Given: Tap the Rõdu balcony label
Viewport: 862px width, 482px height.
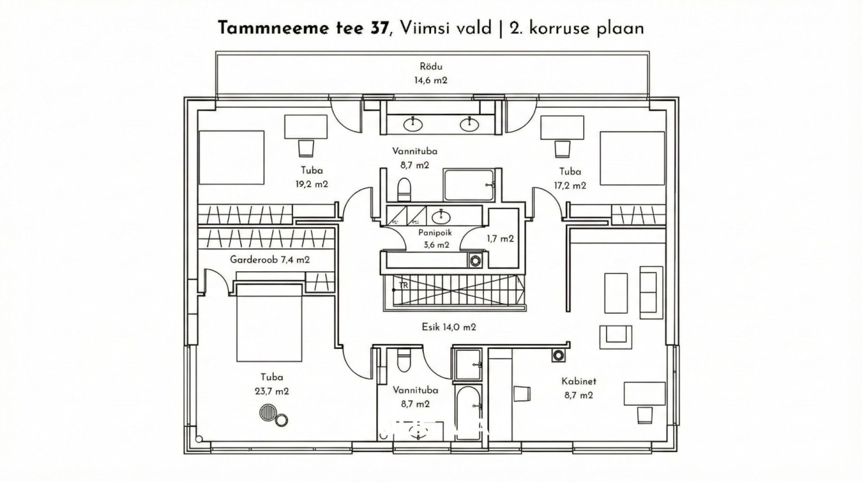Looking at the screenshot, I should [x=430, y=67].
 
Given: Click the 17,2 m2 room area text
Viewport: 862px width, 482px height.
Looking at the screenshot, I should [x=569, y=186].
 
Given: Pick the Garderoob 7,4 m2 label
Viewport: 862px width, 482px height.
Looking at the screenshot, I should [x=270, y=260].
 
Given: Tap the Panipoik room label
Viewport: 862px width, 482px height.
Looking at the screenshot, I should [x=435, y=232].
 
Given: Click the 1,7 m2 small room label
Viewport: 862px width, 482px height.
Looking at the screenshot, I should [x=500, y=239].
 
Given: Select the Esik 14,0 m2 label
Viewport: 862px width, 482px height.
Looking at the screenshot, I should [x=448, y=327].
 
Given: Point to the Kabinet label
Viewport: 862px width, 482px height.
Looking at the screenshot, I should [x=578, y=381].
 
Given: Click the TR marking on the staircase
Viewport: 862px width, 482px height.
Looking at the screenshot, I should [x=403, y=286].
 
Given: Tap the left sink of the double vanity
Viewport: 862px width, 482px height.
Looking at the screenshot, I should [x=413, y=124].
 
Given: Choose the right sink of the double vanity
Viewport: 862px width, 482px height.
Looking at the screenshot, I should [x=469, y=124].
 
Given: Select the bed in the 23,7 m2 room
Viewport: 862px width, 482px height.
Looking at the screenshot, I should [x=269, y=324].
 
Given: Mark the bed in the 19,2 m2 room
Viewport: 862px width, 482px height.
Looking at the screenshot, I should [x=231, y=157].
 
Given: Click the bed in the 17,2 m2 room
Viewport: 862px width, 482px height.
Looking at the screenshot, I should [x=632, y=158].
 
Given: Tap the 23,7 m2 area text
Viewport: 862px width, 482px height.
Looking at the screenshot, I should [x=272, y=391].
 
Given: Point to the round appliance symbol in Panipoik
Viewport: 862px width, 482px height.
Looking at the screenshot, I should [x=476, y=261].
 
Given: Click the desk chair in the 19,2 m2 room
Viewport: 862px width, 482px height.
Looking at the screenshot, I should [x=306, y=148].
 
